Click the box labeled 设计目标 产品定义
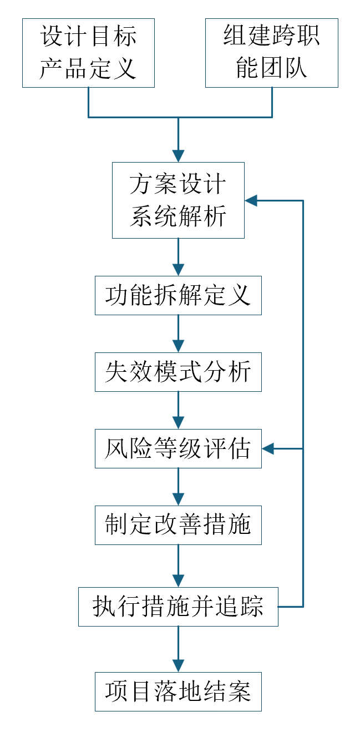88,53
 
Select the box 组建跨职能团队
271,53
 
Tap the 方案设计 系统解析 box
178,200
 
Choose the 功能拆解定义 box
178,295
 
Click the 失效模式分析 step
178,371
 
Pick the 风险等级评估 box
178,448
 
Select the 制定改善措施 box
178,524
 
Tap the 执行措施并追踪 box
178,607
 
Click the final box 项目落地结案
178,691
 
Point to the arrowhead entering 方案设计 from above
178,155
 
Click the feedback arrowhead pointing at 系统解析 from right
252,200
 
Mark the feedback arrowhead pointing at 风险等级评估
269,448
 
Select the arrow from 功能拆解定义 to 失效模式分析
178,333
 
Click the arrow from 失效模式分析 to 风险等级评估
178,410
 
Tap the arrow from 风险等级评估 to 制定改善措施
178,486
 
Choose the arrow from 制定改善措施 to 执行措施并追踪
178,565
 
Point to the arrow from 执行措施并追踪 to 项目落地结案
178,649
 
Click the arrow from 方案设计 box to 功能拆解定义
178,256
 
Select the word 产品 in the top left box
64,69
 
